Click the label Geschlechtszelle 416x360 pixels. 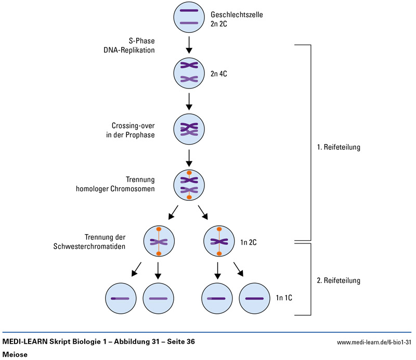point(237,15)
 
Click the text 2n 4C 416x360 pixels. point(219,74)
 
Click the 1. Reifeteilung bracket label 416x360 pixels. point(339,147)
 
